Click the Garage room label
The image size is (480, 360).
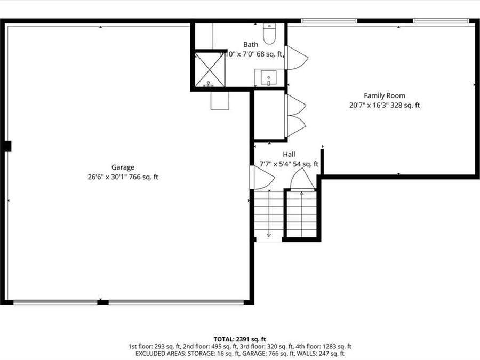[x=123, y=167]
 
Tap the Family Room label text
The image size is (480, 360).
[x=384, y=95]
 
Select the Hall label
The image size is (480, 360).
[x=289, y=155]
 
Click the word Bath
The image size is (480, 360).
[x=250, y=45]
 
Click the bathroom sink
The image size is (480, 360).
[x=269, y=78]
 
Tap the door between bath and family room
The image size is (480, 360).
[x=293, y=58]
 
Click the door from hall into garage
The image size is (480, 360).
[x=255, y=177]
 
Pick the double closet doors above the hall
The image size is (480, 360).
[x=295, y=115]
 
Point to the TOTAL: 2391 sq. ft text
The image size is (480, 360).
[x=239, y=339]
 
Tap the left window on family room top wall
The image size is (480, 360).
[x=329, y=21]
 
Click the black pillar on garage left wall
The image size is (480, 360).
[x=7, y=146]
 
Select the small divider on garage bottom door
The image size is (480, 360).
[x=103, y=302]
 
